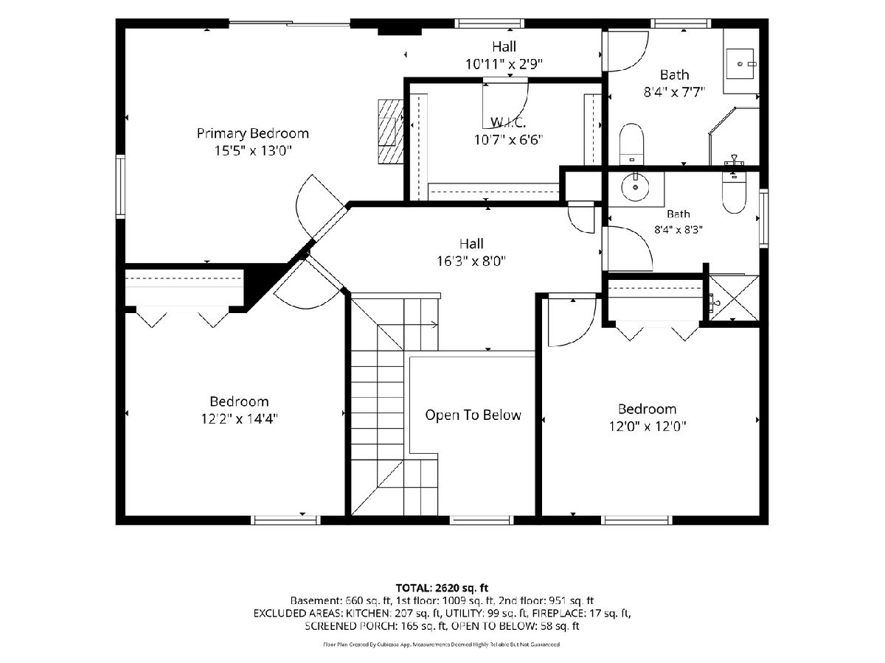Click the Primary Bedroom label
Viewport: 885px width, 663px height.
point(253,133)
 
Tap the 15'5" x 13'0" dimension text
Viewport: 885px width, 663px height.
point(253,151)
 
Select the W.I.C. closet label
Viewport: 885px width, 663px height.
point(508,122)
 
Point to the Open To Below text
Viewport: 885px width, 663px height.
point(473,415)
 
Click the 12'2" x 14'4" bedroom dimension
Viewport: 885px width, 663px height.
point(240,419)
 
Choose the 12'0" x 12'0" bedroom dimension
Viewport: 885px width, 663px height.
point(647,427)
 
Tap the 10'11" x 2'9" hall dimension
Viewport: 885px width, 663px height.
point(504,64)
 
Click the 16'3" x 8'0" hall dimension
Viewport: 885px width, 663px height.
point(471,262)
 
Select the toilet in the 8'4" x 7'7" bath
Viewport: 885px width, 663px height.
point(631,144)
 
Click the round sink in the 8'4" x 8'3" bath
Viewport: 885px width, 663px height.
point(636,187)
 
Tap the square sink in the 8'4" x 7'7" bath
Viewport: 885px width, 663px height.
point(740,64)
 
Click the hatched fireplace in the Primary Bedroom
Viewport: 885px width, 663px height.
point(390,131)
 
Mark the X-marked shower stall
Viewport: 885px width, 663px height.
point(734,298)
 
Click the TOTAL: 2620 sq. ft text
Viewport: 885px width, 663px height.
point(442,588)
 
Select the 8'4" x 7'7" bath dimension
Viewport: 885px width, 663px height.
point(674,93)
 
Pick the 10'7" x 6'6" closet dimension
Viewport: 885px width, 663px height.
point(508,140)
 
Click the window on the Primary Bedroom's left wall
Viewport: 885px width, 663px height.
point(120,186)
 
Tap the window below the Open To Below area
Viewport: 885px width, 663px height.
point(482,520)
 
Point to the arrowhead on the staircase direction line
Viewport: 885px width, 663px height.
point(435,324)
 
